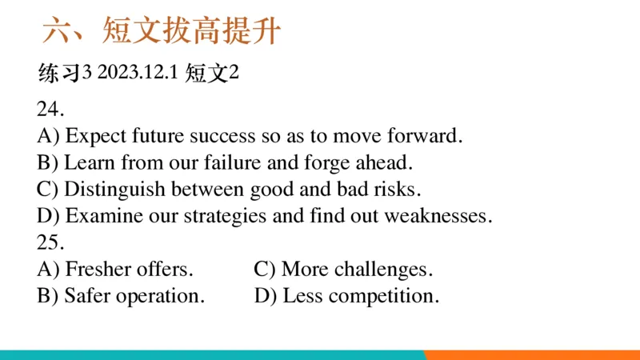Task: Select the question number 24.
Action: (50, 109)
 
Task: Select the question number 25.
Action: (50, 242)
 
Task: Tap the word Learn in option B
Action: (86, 162)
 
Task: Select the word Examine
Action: (97, 216)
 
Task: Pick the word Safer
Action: (87, 296)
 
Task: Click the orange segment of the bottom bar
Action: (532, 354)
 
